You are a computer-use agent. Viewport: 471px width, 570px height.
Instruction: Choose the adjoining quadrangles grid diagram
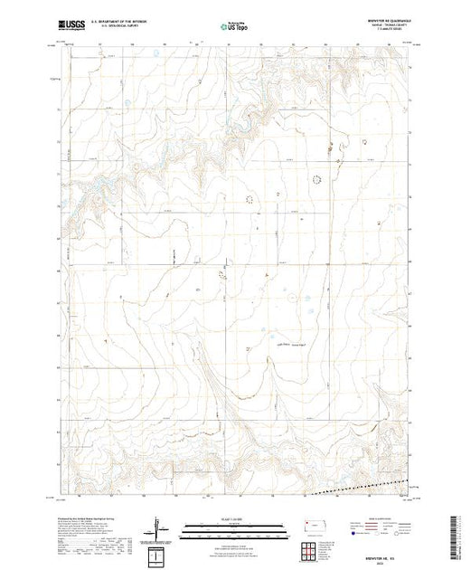pos(312,548)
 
